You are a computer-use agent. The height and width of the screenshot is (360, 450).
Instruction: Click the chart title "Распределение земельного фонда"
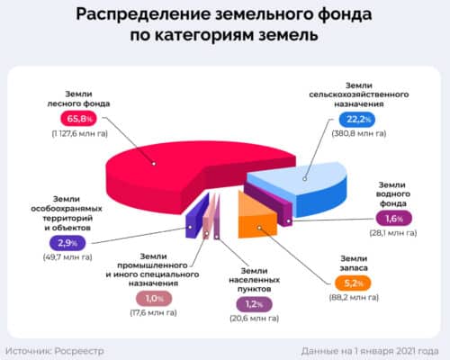click(x=225, y=16)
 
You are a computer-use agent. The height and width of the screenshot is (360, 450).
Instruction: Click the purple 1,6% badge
click(x=392, y=217)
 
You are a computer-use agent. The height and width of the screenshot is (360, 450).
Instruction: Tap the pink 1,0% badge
click(x=151, y=298)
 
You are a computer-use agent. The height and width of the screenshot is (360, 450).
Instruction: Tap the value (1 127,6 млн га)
click(x=76, y=134)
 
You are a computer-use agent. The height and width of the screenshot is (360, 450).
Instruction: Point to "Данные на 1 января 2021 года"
click(x=369, y=349)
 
